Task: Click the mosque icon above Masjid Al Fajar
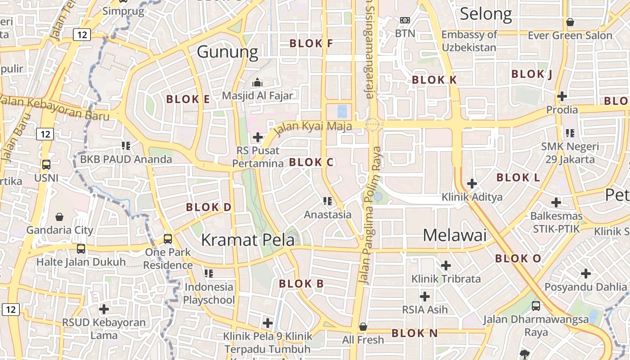point(257,82)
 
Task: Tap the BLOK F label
point(311,44)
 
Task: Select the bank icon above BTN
point(405,20)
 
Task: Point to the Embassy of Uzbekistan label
point(469,41)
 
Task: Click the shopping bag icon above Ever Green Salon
point(570,22)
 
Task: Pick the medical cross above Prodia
point(562,96)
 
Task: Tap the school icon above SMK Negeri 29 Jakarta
point(570,133)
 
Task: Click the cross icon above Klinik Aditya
point(472,183)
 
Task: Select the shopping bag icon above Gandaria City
point(59,217)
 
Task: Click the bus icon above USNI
point(46,165)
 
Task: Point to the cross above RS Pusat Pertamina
point(258,137)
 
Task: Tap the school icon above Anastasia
point(328,201)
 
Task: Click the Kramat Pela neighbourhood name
point(247,240)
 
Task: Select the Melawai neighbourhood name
point(455,235)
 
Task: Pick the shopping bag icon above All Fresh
point(363,326)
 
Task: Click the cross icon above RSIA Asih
point(424,296)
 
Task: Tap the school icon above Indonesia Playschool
point(208,273)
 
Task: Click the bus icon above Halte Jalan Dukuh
point(81,248)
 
